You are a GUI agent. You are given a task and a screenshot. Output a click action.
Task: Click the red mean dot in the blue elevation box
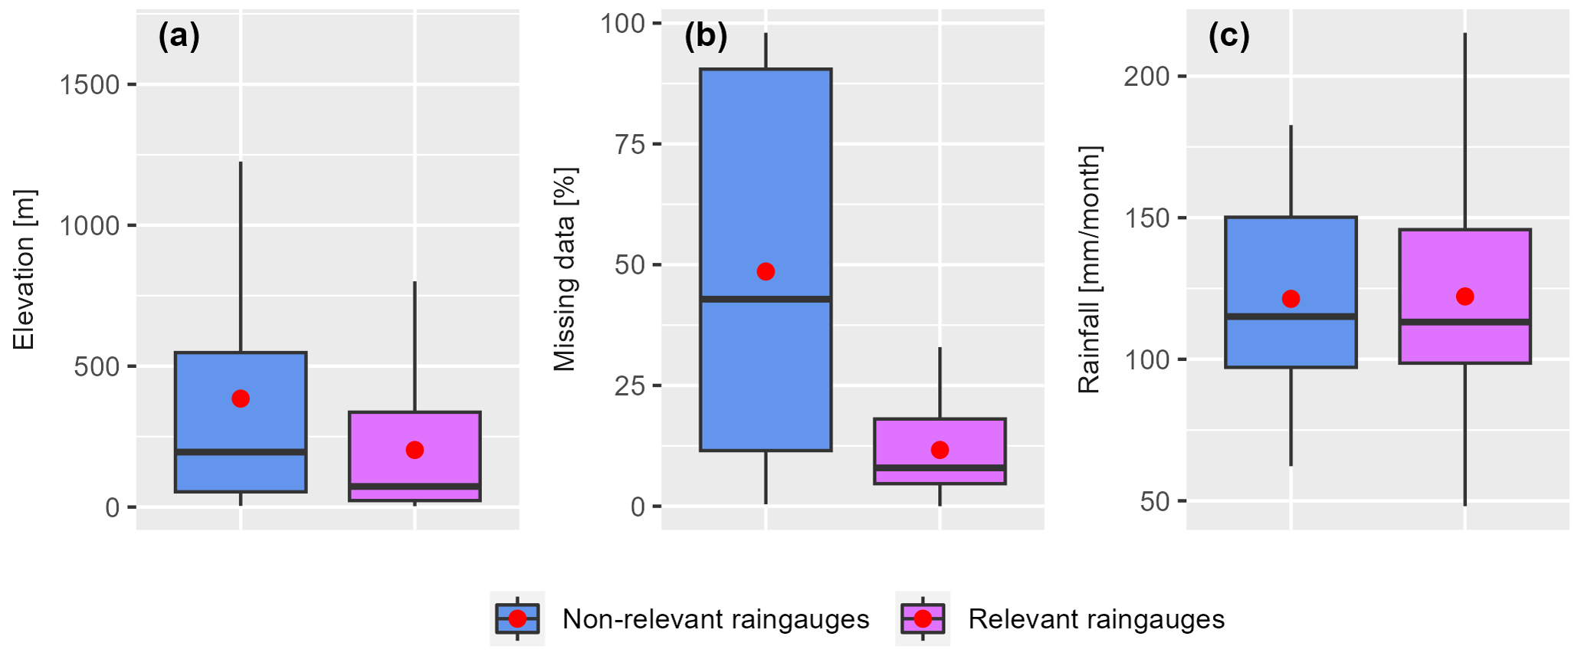click(x=241, y=399)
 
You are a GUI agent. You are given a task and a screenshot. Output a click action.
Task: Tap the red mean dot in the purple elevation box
click(x=415, y=450)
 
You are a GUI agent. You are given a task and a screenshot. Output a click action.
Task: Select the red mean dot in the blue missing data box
click(x=766, y=271)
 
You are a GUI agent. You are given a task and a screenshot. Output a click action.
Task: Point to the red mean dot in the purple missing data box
click(x=940, y=450)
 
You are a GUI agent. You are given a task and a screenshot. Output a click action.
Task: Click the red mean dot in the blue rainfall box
click(x=1290, y=299)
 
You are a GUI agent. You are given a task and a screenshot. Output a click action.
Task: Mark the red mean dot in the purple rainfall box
click(x=1464, y=297)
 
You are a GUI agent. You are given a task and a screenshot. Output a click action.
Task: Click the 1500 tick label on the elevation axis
click(x=90, y=85)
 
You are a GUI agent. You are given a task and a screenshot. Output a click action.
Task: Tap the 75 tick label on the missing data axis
click(x=631, y=145)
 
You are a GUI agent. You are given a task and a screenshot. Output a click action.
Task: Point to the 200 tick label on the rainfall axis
click(x=1146, y=77)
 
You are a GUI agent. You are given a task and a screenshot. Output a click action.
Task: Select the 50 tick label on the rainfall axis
click(x=1155, y=502)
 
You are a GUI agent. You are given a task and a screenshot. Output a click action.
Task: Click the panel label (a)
click(x=179, y=36)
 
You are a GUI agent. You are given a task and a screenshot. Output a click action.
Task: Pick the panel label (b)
click(x=705, y=36)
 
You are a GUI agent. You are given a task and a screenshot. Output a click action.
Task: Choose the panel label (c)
click(x=1228, y=36)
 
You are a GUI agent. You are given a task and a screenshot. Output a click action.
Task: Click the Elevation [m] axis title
click(x=25, y=270)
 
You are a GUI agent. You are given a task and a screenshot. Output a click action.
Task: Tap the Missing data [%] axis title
click(x=565, y=270)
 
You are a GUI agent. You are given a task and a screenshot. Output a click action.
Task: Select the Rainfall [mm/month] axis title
click(x=1089, y=270)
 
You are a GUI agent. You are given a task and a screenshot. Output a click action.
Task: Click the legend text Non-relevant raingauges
click(x=716, y=619)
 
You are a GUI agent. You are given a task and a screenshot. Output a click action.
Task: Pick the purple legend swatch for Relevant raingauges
click(x=923, y=618)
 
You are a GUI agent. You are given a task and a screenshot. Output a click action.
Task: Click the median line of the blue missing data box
click(x=766, y=299)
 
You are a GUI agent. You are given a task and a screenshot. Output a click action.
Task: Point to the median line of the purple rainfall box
click(x=1464, y=322)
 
